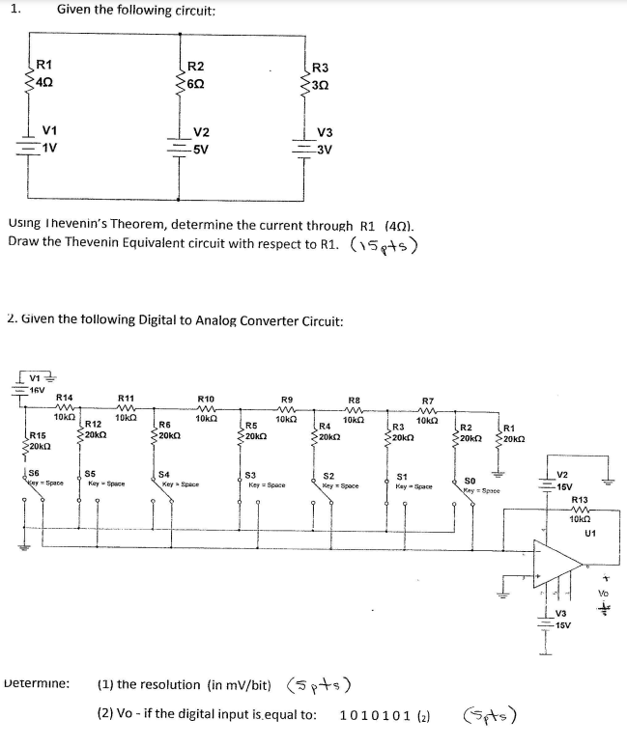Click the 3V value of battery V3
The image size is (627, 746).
tap(326, 150)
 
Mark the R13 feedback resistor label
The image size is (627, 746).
tap(581, 499)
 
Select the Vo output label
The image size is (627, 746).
tap(605, 593)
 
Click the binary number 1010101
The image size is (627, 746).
tap(377, 716)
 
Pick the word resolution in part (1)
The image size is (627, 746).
tap(174, 687)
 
